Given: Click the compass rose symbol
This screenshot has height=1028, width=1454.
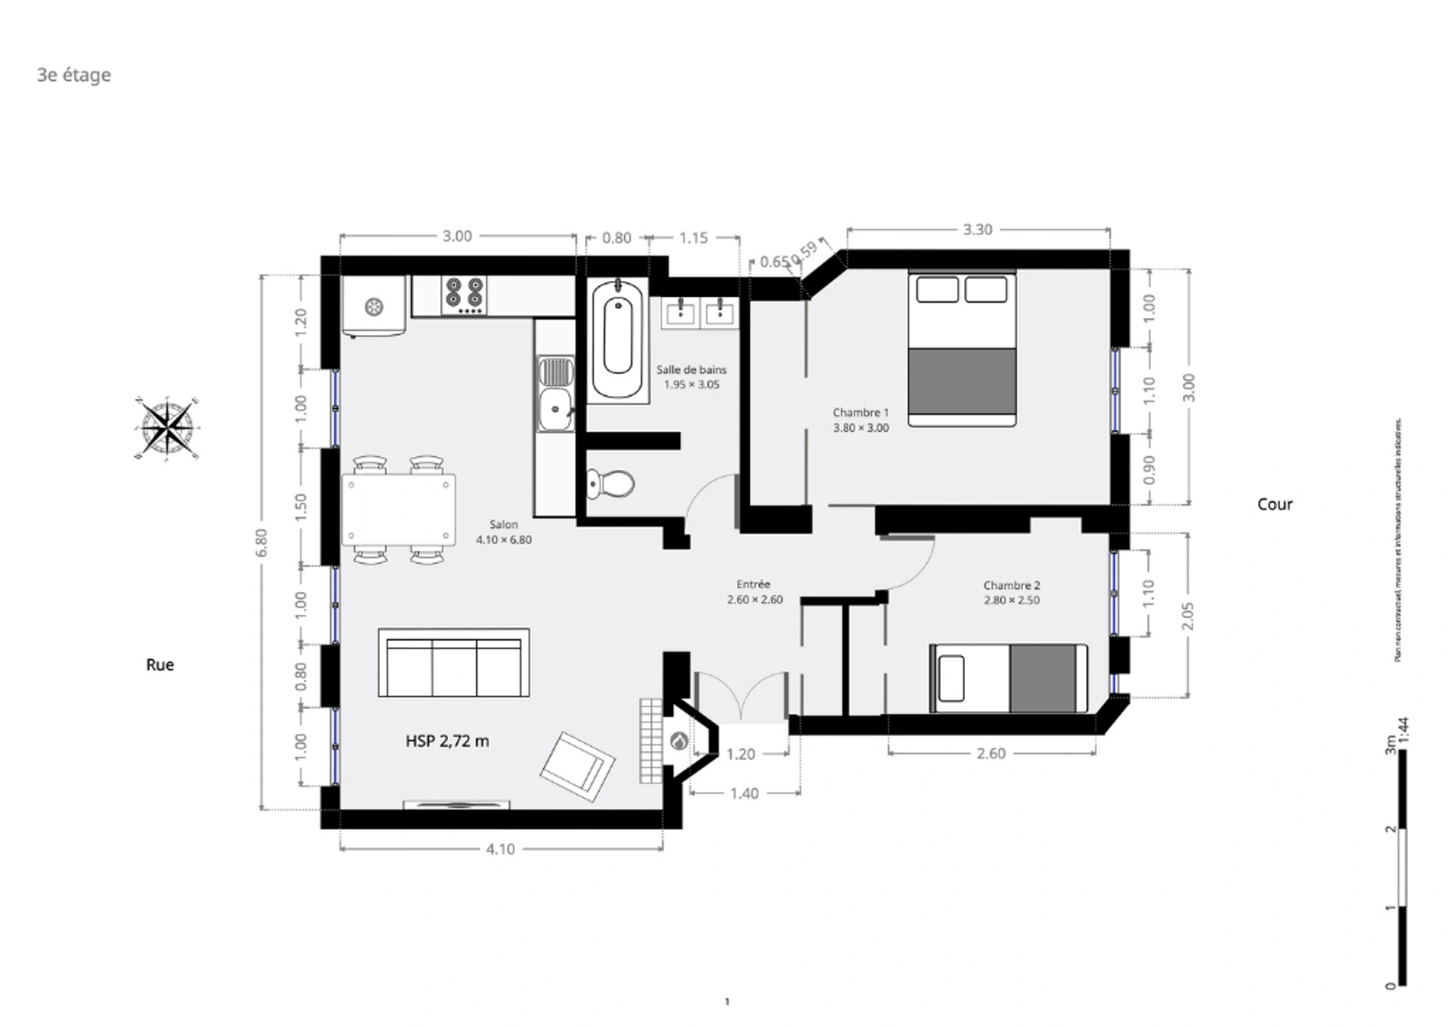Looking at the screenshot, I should (167, 428).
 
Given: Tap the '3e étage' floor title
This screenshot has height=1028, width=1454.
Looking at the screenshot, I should (74, 75).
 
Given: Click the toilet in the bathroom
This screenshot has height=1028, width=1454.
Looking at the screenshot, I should (610, 483).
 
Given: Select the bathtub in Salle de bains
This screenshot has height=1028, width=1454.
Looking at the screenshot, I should (618, 338).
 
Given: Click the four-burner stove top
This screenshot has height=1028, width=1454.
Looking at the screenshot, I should (463, 295).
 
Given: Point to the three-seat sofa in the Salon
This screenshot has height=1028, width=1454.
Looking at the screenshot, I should (454, 663).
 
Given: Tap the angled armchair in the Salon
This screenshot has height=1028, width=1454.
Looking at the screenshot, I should (578, 766).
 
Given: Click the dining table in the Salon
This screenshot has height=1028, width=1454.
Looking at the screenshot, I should (398, 509).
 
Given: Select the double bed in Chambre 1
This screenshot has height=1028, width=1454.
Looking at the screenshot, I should (962, 348).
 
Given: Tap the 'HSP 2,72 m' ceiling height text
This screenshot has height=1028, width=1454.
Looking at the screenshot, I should (447, 741).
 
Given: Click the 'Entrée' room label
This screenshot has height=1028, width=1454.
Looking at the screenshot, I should (754, 584).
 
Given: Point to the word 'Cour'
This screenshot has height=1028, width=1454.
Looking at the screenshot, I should (1275, 504).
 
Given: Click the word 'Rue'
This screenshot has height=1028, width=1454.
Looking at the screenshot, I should (160, 665).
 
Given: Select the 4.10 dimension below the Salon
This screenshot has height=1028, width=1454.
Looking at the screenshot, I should (500, 849).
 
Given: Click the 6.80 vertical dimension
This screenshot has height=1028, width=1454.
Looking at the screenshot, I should (261, 542).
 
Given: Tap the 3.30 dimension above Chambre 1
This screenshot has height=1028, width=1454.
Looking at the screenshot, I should (977, 229).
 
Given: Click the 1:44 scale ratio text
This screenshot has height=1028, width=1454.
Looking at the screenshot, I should (1403, 731).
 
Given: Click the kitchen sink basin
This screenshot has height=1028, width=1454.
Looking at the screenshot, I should (557, 410).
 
